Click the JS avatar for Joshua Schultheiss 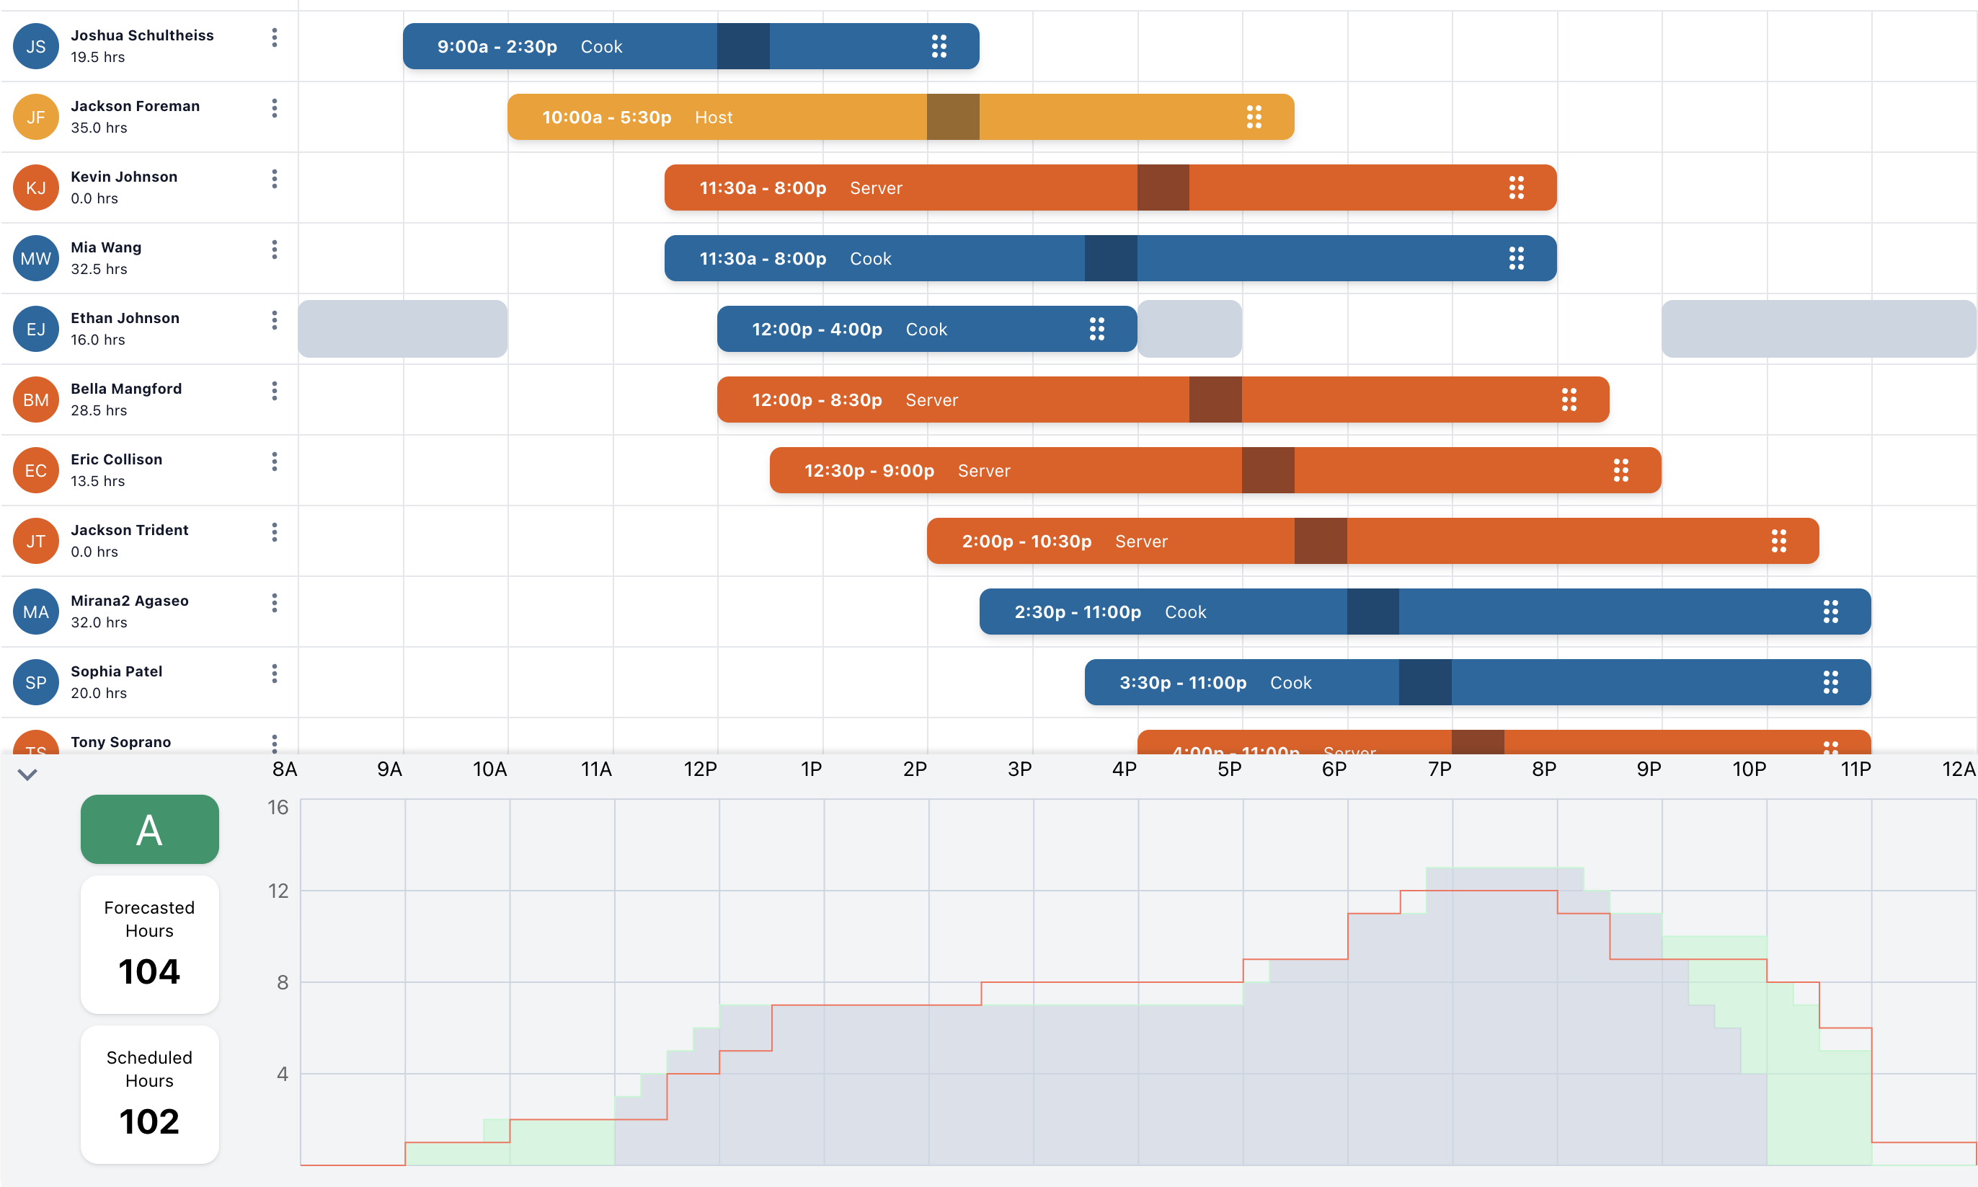click(x=35, y=46)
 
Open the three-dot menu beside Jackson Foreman click(x=274, y=108)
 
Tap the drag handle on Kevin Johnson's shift click(x=1516, y=188)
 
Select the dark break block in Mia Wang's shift click(x=1111, y=258)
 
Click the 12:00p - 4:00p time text click(x=816, y=330)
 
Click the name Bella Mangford click(x=126, y=389)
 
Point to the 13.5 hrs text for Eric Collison click(x=97, y=482)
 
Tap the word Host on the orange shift click(x=713, y=118)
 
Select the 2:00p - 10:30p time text click(x=1026, y=542)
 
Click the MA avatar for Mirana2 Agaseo click(x=35, y=612)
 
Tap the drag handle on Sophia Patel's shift click(x=1830, y=682)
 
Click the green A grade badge click(x=149, y=829)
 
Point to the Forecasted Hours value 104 click(x=149, y=971)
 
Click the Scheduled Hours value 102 click(x=149, y=1121)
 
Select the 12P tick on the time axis click(x=701, y=769)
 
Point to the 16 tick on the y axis click(x=278, y=807)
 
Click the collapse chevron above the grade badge click(x=27, y=775)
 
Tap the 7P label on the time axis click(x=1439, y=769)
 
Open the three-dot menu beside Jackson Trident click(x=274, y=532)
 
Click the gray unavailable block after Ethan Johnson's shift click(x=1189, y=329)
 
